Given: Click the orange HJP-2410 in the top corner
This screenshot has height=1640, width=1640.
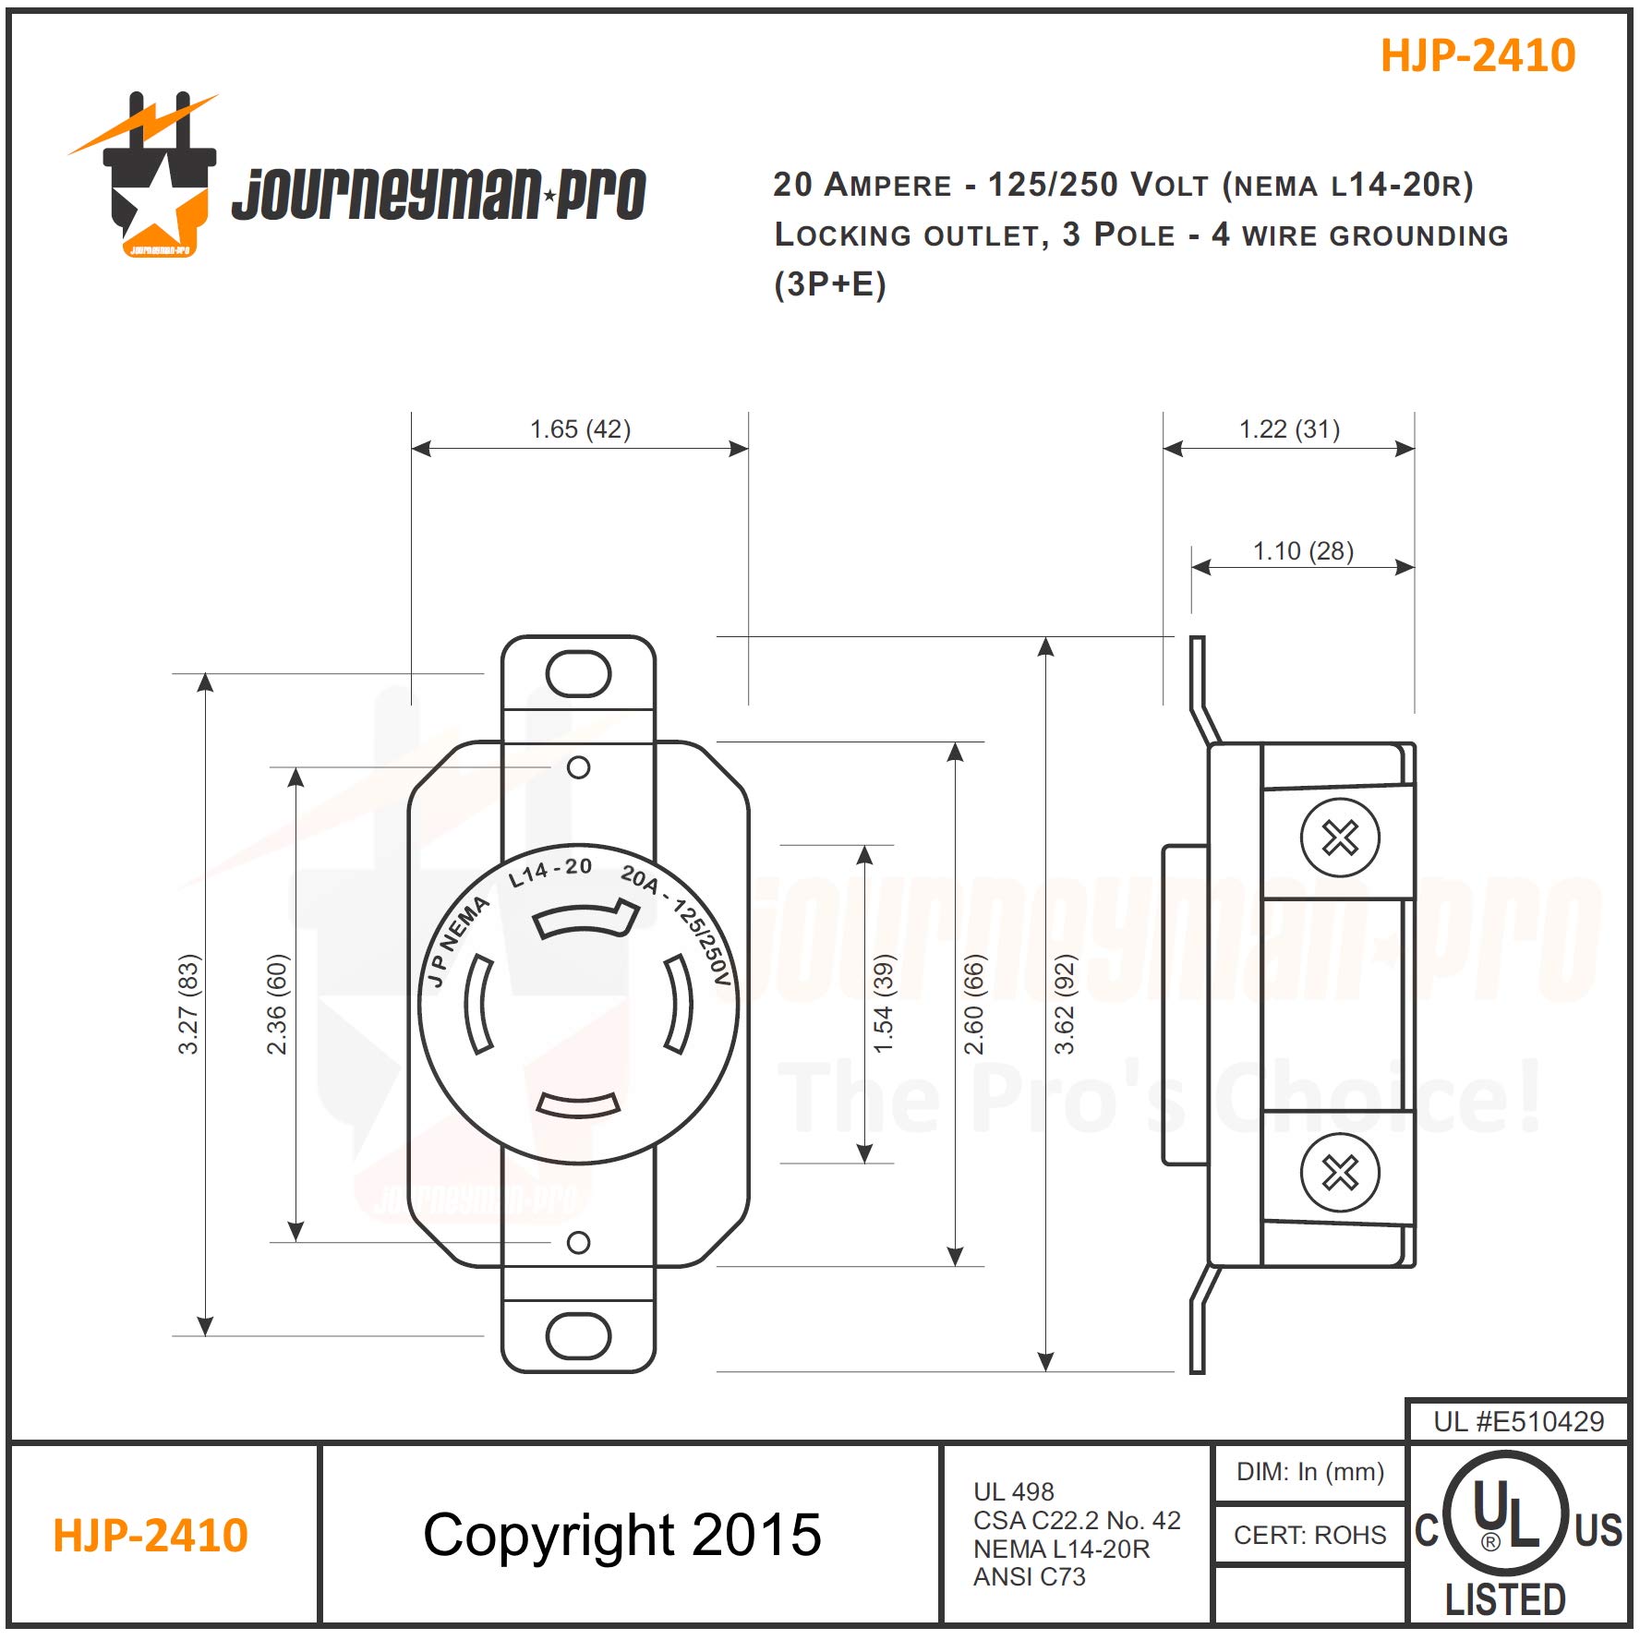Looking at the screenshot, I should [x=1477, y=55].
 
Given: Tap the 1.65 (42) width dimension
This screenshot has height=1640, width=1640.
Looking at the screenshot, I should [x=580, y=429].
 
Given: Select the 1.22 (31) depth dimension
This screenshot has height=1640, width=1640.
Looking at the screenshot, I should [x=1288, y=429].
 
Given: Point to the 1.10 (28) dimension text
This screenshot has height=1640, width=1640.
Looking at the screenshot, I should [x=1302, y=551].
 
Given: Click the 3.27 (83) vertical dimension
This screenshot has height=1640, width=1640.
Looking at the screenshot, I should [x=188, y=1004].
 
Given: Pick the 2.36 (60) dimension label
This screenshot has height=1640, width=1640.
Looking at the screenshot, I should [x=277, y=1004].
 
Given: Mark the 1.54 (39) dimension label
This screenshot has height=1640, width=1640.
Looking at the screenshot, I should [x=884, y=1004].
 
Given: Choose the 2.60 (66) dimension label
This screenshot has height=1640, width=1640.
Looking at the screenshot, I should [x=974, y=1004].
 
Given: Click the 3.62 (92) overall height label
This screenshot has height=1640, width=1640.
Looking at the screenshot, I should [x=1065, y=1004].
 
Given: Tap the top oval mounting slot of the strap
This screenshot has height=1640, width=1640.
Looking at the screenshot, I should [x=578, y=674].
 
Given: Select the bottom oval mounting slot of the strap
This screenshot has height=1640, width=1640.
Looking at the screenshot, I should [x=578, y=1335].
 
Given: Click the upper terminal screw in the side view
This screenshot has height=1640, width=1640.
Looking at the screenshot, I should [x=1339, y=838].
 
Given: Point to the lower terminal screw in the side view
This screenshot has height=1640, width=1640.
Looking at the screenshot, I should [x=1339, y=1173].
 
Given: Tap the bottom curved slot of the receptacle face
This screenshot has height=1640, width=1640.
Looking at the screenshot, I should [x=578, y=1104].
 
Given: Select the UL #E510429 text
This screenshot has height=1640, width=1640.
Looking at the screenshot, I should [x=1518, y=1421].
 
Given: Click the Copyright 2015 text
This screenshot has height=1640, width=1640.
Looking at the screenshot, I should [x=621, y=1535].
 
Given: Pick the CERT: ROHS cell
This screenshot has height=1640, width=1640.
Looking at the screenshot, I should [x=1309, y=1535].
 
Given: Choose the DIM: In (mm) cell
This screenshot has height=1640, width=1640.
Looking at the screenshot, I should [x=1309, y=1471].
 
